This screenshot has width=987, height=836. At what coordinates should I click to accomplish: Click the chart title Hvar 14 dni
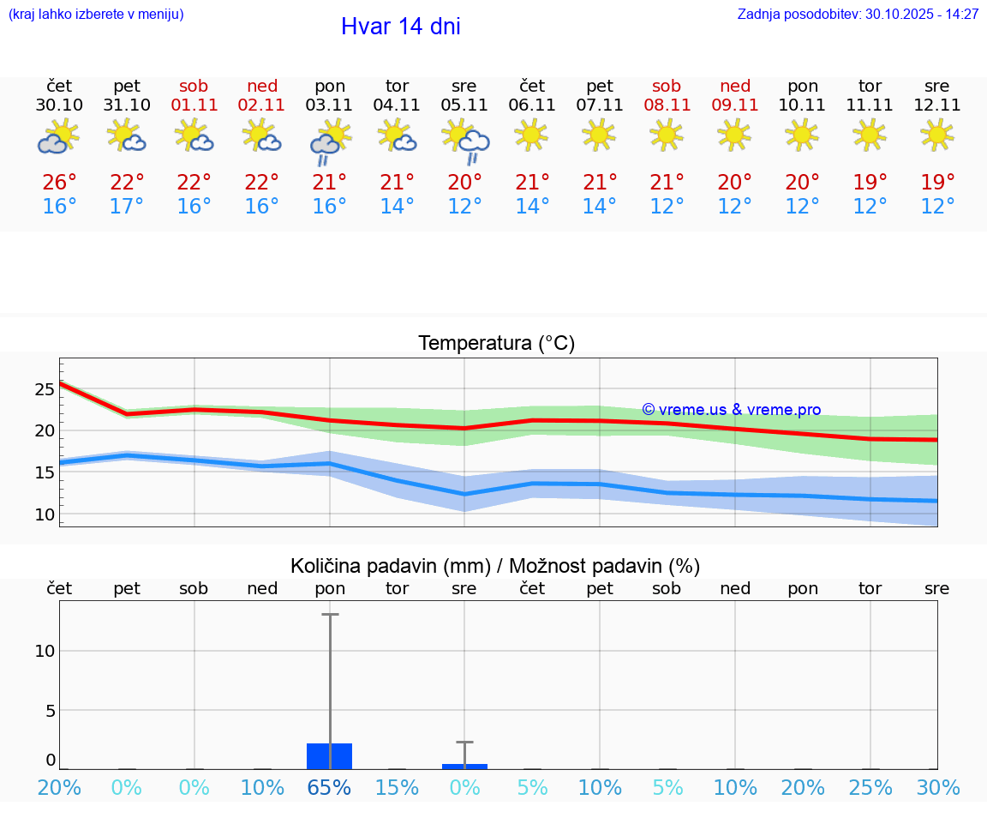tap(400, 27)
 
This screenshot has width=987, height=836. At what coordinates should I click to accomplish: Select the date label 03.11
tap(330, 105)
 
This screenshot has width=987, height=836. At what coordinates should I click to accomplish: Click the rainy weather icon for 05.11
tap(465, 141)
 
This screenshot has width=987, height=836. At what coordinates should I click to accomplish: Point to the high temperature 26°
tap(59, 183)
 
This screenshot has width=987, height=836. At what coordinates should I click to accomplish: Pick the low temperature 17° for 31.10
tap(127, 207)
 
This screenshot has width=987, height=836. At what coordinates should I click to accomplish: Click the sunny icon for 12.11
tap(937, 135)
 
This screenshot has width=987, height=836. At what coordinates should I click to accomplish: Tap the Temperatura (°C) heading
tap(496, 344)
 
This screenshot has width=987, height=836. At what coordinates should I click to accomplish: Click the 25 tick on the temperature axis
tap(45, 389)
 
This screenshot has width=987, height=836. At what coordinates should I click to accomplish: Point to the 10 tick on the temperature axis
tap(45, 514)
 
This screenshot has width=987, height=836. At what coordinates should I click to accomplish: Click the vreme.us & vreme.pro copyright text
tap(731, 410)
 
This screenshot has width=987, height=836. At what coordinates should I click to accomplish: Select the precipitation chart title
tap(495, 566)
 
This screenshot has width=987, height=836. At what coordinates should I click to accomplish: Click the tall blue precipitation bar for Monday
tap(330, 756)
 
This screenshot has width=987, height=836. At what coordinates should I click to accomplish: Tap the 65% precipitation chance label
tap(330, 788)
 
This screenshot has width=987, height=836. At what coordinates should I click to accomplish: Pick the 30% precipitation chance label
tap(937, 788)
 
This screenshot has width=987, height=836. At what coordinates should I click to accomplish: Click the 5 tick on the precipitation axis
tap(50, 710)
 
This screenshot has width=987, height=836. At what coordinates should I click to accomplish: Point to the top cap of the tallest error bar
tap(330, 614)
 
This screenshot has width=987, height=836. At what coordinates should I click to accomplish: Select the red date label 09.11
tap(734, 105)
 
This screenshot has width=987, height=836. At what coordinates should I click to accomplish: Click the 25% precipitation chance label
tap(870, 788)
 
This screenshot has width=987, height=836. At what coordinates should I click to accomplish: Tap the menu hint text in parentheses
tap(95, 14)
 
